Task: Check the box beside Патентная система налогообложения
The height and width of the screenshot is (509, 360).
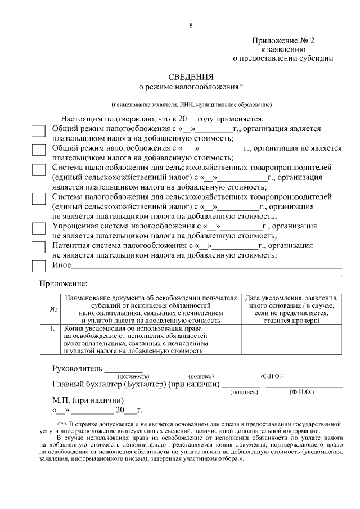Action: coord(38,247)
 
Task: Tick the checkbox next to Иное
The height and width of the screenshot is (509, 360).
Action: coord(38,265)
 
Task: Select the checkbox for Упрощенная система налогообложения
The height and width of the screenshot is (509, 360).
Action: coord(38,228)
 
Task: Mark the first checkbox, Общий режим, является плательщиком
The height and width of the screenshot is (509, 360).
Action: coord(38,130)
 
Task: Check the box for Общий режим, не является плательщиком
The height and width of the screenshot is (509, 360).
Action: coord(38,150)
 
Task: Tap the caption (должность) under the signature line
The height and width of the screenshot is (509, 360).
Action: coord(133,376)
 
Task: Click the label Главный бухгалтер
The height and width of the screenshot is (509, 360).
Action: coord(87,385)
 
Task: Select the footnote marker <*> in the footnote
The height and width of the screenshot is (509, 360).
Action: coord(62,422)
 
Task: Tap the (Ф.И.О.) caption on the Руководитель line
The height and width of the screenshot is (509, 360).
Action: coord(272,376)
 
